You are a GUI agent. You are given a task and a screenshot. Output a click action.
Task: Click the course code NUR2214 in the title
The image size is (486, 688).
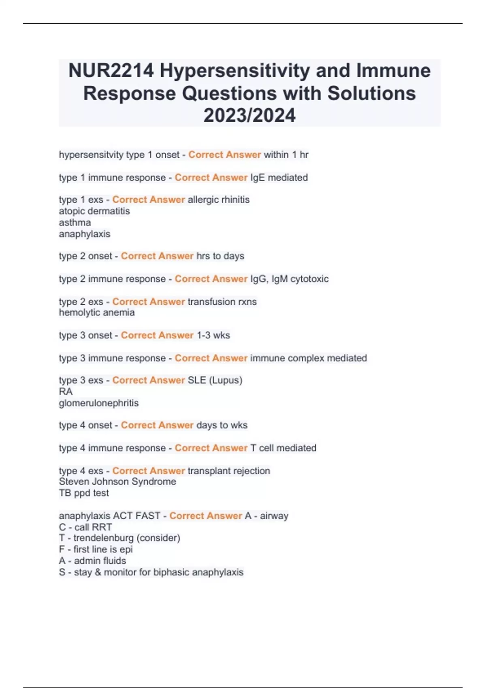click(111, 71)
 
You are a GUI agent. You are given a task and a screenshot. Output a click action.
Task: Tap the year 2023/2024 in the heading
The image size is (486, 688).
click(249, 115)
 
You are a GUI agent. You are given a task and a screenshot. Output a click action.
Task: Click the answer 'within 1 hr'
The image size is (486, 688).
click(286, 155)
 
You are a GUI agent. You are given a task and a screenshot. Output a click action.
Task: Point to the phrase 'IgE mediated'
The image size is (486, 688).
click(279, 177)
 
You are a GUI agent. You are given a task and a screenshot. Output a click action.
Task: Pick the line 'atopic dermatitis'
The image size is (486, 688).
click(94, 211)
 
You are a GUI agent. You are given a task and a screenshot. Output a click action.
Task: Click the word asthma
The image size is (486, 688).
click(75, 222)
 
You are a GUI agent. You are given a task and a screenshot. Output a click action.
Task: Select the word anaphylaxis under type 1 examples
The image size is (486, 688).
click(84, 234)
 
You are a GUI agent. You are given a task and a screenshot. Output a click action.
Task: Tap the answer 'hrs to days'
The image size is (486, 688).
click(220, 256)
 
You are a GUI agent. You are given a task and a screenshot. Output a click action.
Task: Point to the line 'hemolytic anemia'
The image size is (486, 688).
click(97, 312)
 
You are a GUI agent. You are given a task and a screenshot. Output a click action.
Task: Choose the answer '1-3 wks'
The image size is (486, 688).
click(213, 335)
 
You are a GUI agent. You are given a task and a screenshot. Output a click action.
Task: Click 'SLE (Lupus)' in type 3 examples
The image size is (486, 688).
click(215, 380)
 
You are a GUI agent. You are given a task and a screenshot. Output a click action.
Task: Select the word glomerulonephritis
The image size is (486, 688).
click(99, 403)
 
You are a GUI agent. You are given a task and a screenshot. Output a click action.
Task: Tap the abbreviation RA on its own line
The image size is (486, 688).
click(66, 391)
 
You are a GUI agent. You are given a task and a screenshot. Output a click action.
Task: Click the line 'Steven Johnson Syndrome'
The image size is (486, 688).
click(117, 482)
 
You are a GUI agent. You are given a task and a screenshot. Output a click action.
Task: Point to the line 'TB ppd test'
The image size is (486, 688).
click(84, 493)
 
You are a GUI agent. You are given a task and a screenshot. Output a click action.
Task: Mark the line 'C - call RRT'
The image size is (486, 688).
click(85, 527)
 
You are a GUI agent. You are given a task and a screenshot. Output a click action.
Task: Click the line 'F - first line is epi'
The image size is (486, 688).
click(96, 549)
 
